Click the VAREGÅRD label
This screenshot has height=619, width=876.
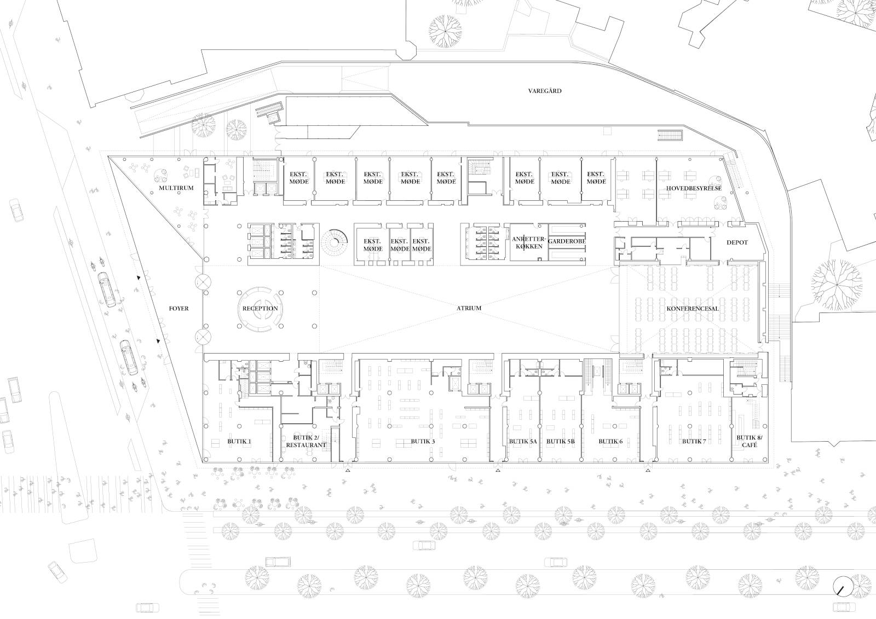[545, 91]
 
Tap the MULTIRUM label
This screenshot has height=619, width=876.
[176, 188]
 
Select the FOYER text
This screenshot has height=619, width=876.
[178, 309]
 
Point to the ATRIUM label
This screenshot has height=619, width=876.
[469, 308]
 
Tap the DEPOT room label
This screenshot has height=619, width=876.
[737, 242]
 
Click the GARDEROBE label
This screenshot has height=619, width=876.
[567, 241]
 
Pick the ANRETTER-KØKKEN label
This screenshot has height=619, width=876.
[529, 242]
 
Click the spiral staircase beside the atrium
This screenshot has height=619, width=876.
[334, 242]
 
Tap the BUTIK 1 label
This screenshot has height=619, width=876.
[239, 442]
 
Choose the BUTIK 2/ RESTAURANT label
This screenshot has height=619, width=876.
[306, 442]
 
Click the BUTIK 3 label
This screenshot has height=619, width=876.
[423, 442]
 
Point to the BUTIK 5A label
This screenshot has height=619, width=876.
[523, 442]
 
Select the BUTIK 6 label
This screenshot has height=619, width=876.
[610, 442]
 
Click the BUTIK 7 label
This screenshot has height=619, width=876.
[694, 442]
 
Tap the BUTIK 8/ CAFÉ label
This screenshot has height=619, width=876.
[750, 442]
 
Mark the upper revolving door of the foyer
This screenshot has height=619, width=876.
[203, 281]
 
